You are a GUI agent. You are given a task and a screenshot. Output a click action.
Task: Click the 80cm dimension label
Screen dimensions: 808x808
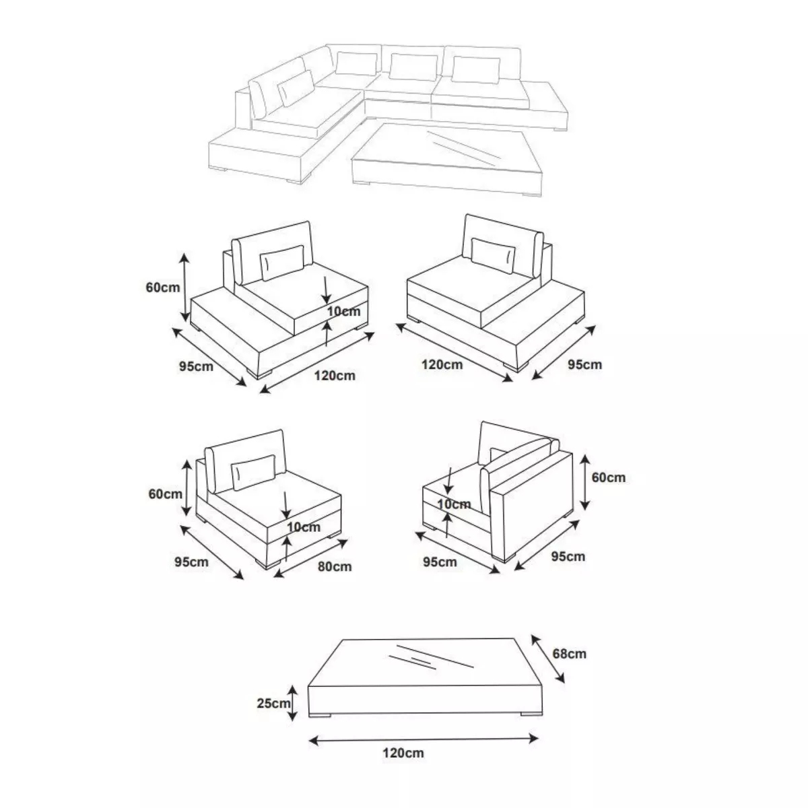(334, 566)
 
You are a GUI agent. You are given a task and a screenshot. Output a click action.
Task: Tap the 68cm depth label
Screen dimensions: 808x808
(569, 653)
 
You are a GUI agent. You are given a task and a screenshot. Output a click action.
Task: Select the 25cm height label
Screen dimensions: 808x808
(273, 703)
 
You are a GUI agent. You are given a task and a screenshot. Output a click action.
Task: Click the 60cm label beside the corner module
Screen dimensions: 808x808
(609, 477)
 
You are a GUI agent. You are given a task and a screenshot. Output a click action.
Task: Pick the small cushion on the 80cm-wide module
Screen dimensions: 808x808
(253, 473)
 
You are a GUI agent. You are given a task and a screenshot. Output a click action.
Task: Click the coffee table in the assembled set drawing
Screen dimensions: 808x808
(448, 159)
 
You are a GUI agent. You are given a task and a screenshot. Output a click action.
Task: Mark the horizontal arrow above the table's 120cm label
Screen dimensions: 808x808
(423, 739)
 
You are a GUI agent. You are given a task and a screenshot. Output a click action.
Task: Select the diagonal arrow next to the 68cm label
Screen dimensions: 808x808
(547, 659)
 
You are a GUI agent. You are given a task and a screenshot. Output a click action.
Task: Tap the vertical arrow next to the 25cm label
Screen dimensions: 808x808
(293, 703)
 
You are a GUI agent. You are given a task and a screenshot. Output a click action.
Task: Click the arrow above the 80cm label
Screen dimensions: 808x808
(310, 558)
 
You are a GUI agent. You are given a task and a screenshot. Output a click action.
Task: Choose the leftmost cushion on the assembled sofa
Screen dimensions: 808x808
(296, 88)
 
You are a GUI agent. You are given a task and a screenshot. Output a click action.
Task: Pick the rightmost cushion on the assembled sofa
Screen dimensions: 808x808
(476, 69)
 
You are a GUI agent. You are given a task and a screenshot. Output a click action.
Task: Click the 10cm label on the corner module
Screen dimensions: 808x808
(454, 504)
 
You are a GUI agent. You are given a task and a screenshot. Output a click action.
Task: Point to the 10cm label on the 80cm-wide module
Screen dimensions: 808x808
(304, 527)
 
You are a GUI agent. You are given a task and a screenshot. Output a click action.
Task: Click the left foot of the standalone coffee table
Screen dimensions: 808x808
(320, 714)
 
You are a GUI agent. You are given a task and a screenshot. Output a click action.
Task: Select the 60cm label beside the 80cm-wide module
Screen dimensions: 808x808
(165, 494)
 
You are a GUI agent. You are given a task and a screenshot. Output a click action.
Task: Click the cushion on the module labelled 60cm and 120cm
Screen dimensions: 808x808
(282, 263)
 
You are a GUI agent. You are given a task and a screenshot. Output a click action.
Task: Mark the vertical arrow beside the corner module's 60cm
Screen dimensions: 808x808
(585, 482)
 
